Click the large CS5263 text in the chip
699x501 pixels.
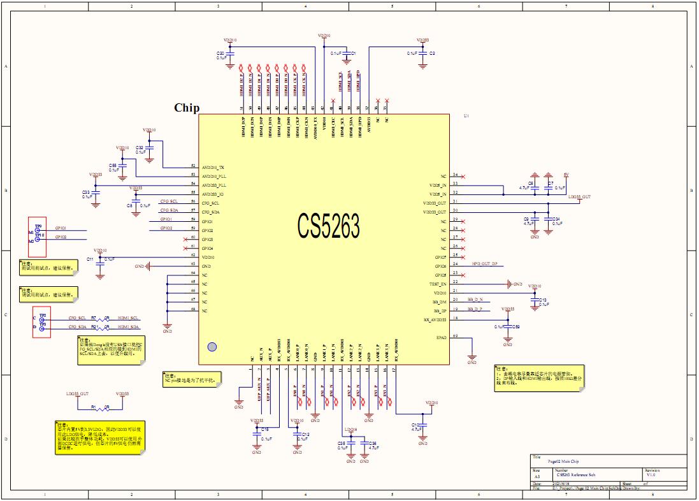click(328, 225)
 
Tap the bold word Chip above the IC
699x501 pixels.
click(187, 108)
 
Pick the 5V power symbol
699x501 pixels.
click(566, 175)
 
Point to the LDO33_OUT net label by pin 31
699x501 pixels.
click(579, 197)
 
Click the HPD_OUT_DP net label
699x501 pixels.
click(484, 263)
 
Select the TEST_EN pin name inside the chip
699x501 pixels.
click(438, 284)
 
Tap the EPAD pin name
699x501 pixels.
click(441, 337)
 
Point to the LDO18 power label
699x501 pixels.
click(350, 430)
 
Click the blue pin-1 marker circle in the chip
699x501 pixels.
click(212, 346)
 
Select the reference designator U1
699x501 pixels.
click(466, 117)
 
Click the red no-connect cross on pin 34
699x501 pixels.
click(463, 176)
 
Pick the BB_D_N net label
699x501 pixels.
click(475, 299)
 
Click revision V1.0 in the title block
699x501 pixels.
click(651, 474)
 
